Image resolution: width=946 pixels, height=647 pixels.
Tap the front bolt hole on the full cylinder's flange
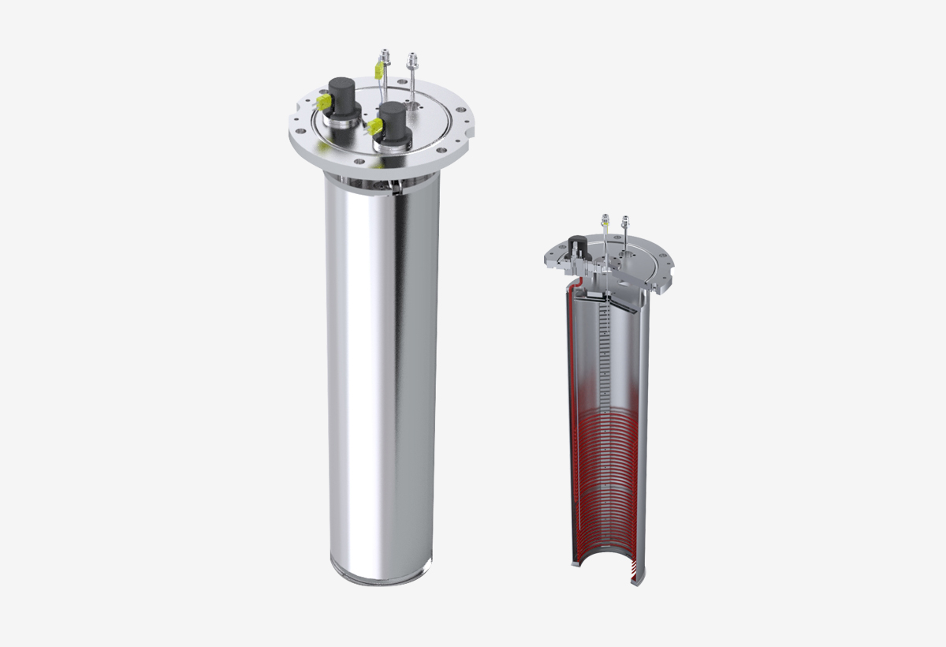click(359, 162)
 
